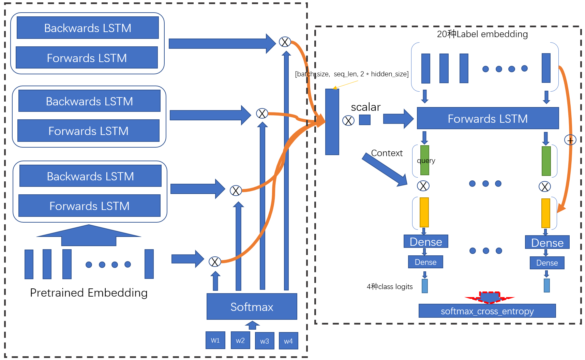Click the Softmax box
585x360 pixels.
[x=252, y=306]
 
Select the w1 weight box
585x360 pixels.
[x=215, y=340]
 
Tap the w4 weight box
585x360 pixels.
[x=288, y=341]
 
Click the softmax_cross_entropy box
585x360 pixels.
[x=487, y=311]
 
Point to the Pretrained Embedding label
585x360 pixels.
[x=89, y=293]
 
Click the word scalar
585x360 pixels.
[x=366, y=107]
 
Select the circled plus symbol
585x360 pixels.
[x=570, y=140]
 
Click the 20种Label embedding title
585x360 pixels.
[x=482, y=34]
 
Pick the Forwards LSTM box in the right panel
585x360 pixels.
[x=488, y=118]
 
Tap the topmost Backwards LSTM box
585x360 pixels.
[x=88, y=28]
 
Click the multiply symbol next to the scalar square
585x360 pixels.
[x=348, y=120]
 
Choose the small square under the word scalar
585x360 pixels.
[x=365, y=120]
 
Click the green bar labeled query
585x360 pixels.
[x=425, y=160]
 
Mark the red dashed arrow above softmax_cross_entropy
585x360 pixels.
[x=490, y=298]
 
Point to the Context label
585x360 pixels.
[x=387, y=153]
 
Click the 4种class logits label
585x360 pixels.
[x=390, y=287]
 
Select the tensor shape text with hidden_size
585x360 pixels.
[x=352, y=74]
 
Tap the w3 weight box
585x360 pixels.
[x=265, y=341]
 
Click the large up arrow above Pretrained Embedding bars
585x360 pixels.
[x=89, y=235]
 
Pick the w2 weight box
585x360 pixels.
[x=240, y=340]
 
